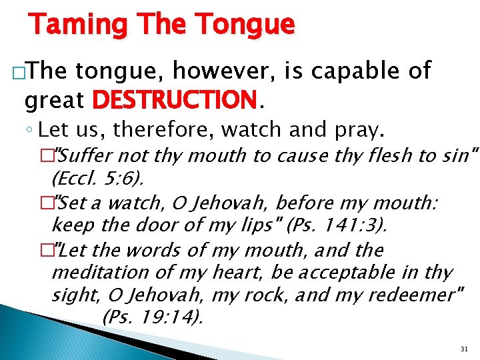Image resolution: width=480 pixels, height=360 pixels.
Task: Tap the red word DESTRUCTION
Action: (x=174, y=101)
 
